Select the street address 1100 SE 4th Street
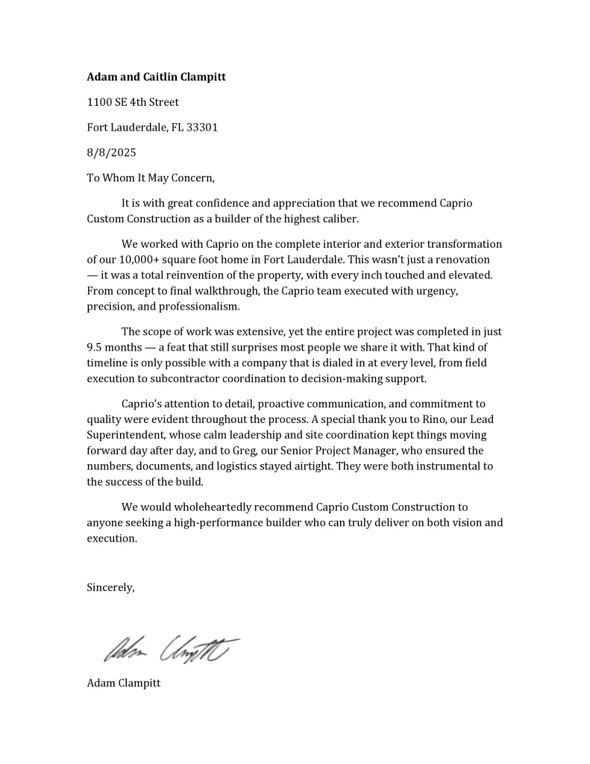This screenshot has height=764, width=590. pos(133,101)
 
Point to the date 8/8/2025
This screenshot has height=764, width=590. pos(111,152)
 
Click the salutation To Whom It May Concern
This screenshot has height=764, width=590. pos(150,178)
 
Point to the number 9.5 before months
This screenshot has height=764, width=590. pos(95,347)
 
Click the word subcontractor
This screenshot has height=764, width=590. pos(180,378)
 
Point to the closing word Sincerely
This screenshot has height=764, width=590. pos(110,587)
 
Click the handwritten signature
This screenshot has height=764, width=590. pos(172,650)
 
